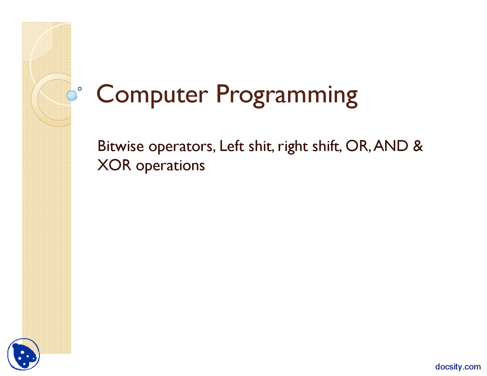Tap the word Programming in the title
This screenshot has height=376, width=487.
coord(286,95)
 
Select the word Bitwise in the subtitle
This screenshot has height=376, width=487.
coord(121,146)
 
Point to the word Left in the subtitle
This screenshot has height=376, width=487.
coord(231,146)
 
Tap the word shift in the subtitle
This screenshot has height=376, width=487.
coord(326,146)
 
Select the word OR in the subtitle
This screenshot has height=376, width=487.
coord(357,146)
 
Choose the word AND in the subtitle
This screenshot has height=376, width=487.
coord(391,146)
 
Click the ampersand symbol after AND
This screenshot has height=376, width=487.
coord(418,146)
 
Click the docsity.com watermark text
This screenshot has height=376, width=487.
coord(458,366)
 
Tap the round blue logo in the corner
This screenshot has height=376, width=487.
coord(24,354)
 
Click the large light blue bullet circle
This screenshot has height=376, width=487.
coord(72,95)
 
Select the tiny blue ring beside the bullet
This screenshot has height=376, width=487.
coord(80,89)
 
